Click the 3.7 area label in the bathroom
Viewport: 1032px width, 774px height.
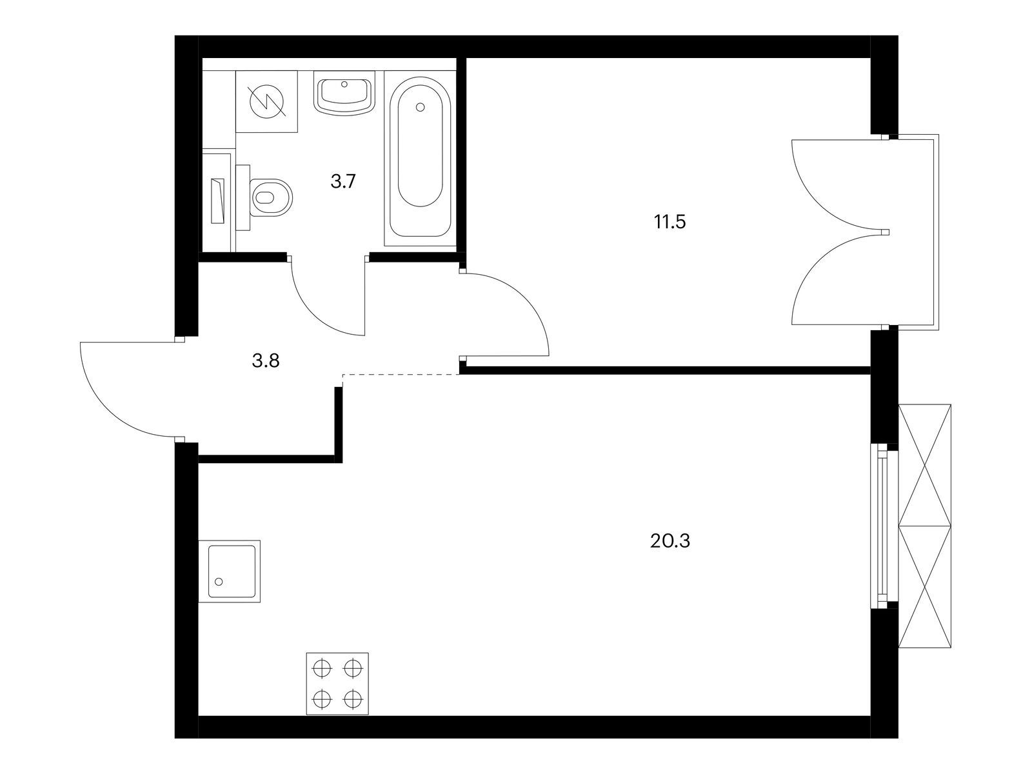[x=342, y=181]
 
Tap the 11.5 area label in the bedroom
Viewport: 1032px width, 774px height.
[x=670, y=222]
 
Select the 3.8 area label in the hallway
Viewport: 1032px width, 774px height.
[x=266, y=361]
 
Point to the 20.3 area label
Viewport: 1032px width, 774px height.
[x=670, y=541]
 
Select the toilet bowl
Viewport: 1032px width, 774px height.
[x=266, y=197]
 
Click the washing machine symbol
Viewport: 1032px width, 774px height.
[x=266, y=101]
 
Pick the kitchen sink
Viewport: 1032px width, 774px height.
[x=230, y=571]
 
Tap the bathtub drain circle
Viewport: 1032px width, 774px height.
[x=421, y=107]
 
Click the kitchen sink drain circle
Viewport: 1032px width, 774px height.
[x=219, y=582]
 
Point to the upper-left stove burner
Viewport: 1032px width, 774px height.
[x=322, y=668]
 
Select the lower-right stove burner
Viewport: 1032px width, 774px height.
[x=352, y=700]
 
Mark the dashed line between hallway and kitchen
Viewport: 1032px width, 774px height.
[x=401, y=375]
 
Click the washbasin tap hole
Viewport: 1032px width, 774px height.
[x=344, y=84]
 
